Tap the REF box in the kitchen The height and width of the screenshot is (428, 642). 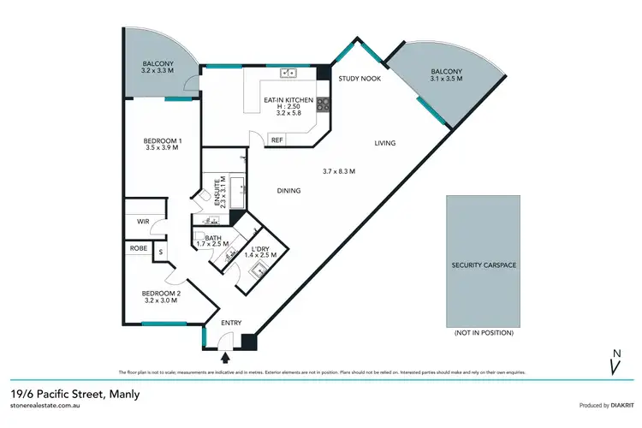pos(276,140)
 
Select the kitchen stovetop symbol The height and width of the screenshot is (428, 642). pos(324,104)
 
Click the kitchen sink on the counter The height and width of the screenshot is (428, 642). pos(288,73)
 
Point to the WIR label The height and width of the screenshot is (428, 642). pos(143,220)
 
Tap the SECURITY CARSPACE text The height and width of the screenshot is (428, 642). pos(484,265)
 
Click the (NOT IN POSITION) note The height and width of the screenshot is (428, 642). pos(484,331)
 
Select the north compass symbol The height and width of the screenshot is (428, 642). pos(614,363)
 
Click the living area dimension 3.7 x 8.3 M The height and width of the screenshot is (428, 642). pos(338,171)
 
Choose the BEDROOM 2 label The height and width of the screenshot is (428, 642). pos(160,293)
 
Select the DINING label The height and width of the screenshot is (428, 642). pos(288,190)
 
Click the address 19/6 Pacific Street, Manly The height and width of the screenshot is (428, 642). pos(74,395)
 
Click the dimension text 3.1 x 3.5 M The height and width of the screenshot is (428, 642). pos(445,78)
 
